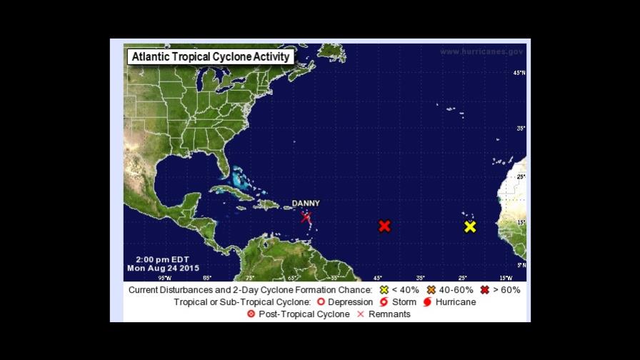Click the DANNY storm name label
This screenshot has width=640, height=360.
(x=306, y=204)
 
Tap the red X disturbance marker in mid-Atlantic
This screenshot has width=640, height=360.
(x=384, y=226)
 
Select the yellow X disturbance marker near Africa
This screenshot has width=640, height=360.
(x=470, y=226)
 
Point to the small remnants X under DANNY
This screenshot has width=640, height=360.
(x=306, y=217)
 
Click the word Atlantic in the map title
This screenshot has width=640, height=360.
(x=152, y=57)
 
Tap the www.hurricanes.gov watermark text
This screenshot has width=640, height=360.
(x=481, y=51)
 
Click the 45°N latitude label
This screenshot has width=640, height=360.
(x=520, y=73)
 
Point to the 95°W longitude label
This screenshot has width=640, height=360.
(x=164, y=278)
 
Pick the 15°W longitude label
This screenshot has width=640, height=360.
(x=505, y=278)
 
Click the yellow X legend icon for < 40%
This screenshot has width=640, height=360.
(x=384, y=290)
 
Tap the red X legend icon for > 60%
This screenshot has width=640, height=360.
(x=485, y=290)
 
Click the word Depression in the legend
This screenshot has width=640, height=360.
(x=350, y=302)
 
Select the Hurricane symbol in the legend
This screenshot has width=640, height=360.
(x=427, y=302)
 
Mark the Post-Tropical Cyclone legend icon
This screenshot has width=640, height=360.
(x=251, y=314)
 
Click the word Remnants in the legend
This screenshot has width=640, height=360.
(x=389, y=314)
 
